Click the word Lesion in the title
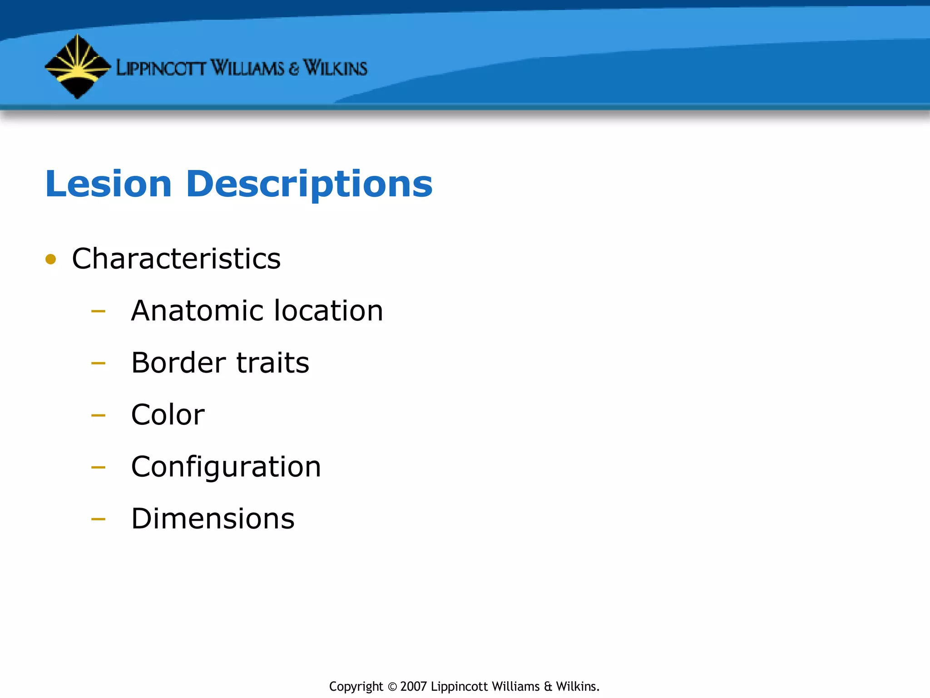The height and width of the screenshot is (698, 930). [x=109, y=184]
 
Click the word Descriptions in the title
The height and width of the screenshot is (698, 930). [x=309, y=184]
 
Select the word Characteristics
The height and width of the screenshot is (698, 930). [x=176, y=259]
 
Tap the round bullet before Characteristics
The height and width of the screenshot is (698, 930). [x=51, y=259]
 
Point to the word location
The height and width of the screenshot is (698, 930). [x=329, y=311]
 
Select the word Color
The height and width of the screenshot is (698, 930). [x=168, y=414]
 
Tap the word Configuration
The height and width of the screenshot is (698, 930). [x=226, y=467]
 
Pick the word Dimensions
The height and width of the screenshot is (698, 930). [x=213, y=519]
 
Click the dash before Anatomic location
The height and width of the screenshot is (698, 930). [x=98, y=312]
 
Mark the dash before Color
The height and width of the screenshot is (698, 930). [x=98, y=415]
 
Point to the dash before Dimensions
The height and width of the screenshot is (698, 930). [x=98, y=519]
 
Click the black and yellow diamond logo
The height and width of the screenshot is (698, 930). [x=78, y=66]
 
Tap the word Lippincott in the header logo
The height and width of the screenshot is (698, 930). [x=161, y=68]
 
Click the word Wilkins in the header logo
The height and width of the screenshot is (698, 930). [x=335, y=68]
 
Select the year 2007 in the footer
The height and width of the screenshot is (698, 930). [x=413, y=686]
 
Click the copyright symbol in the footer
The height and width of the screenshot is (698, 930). [x=392, y=687]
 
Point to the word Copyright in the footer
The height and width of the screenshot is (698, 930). [x=356, y=687]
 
